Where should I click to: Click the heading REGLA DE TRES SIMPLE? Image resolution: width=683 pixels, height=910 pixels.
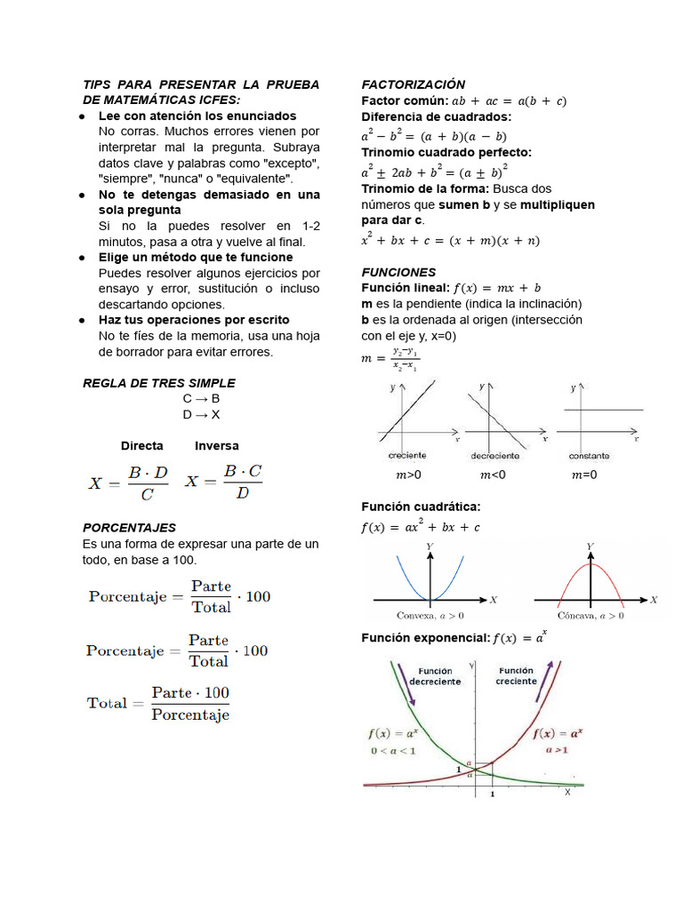(x=158, y=383)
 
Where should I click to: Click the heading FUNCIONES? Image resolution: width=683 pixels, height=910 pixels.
(x=398, y=272)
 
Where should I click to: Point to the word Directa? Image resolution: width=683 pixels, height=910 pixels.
(x=142, y=445)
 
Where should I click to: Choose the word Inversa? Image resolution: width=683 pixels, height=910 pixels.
(x=217, y=445)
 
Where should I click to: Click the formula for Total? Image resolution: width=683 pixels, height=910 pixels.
(x=158, y=703)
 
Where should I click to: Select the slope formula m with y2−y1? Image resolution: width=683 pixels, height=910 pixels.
(x=390, y=359)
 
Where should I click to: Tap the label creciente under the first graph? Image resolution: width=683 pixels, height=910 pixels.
(x=407, y=456)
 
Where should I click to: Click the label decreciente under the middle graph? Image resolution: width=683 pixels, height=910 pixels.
(x=494, y=456)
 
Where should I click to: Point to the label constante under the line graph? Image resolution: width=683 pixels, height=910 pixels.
(x=590, y=456)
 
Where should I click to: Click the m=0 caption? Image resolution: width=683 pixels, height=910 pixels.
(x=584, y=475)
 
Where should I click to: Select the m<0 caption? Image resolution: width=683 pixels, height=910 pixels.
(x=493, y=475)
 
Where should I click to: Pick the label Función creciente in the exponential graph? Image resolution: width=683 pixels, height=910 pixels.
(x=517, y=675)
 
